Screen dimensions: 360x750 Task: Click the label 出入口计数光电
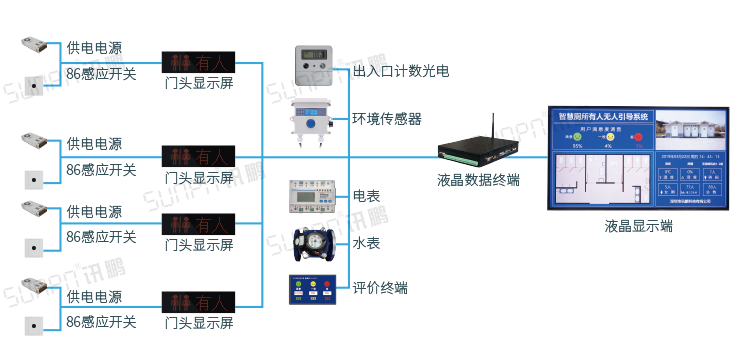401,71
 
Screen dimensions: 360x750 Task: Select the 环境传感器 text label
387,118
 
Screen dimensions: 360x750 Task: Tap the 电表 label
366,194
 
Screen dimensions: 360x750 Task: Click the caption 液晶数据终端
478,181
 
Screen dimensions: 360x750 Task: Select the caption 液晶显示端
639,226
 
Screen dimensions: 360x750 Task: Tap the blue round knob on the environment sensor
310,124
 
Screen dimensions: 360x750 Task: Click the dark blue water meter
314,243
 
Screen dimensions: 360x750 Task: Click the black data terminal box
478,151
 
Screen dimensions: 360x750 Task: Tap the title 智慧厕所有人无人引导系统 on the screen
603,117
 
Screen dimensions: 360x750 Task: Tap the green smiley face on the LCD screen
577,136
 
